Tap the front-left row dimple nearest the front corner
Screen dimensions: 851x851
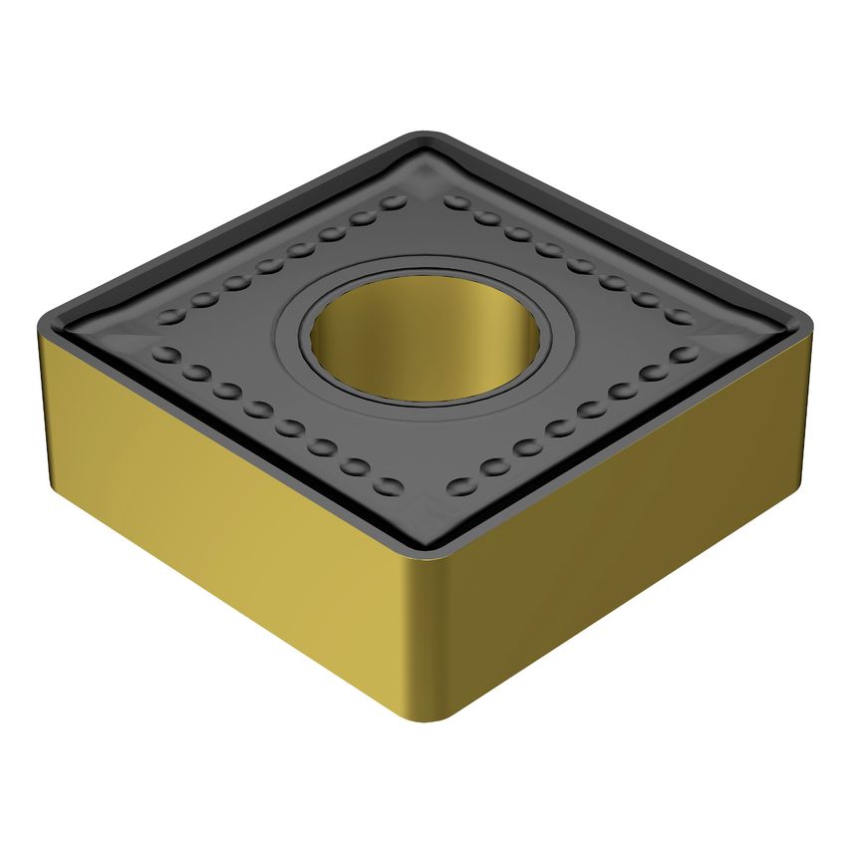pos(392,487)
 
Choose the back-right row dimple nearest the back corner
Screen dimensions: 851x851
pos(456,201)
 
